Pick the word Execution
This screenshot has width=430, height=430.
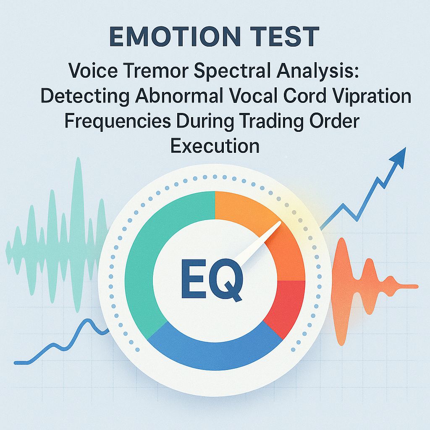(x=215, y=146)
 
